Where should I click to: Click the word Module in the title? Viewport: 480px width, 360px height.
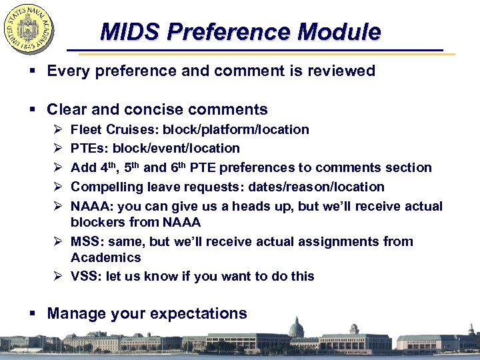[x=339, y=31]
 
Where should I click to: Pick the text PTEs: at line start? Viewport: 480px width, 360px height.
[x=88, y=148]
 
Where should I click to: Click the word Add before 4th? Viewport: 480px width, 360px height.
[x=83, y=167]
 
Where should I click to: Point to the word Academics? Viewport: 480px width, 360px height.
[x=106, y=257]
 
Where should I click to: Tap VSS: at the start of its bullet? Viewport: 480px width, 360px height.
[x=86, y=276]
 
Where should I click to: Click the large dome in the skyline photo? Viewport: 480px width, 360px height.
[x=296, y=327]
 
